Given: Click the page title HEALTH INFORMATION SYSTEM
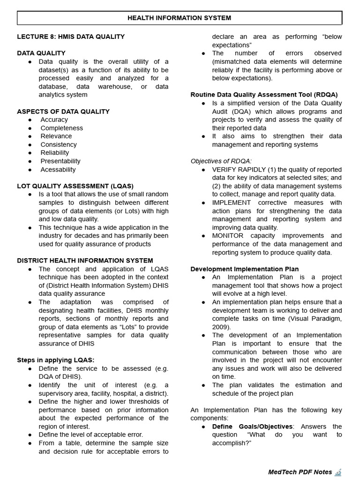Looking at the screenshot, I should pyautogui.click(x=180, y=18).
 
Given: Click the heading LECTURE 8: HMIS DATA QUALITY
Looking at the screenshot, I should pyautogui.click(x=71, y=37).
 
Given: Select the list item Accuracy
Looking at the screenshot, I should pyautogui.click(x=54, y=120).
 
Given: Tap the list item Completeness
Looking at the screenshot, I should pyautogui.click(x=61, y=128).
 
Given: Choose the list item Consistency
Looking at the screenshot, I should pyautogui.click(x=59, y=144).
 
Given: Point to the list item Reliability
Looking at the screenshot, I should pyautogui.click(x=54, y=153).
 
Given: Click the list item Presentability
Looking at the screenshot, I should pyautogui.click(x=60, y=161).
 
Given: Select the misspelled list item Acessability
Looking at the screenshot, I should pyautogui.click(x=58, y=169).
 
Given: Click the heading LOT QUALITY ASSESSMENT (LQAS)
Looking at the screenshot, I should pyautogui.click(x=75, y=186).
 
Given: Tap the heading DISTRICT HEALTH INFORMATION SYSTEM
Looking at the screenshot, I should pyautogui.click(x=85, y=261).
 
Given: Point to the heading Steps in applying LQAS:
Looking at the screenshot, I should pyautogui.click(x=55, y=360).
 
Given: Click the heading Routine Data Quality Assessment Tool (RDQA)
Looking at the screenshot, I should pyautogui.click(x=264, y=95).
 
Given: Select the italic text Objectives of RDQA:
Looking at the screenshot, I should pyautogui.click(x=221, y=161).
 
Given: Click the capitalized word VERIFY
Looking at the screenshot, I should pyautogui.click(x=225, y=169).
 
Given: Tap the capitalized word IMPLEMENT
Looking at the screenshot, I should pyautogui.click(x=232, y=202).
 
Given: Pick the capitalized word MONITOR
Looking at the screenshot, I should pyautogui.click(x=228, y=236).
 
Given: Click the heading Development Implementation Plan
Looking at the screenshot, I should pyautogui.click(x=244, y=269).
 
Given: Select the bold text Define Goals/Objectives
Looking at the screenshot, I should pyautogui.click(x=252, y=427).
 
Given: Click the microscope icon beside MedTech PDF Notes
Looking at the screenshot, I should pyautogui.click(x=338, y=472).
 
